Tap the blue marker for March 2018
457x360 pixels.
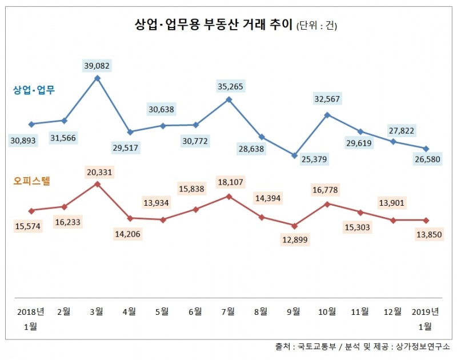click(x=97, y=78)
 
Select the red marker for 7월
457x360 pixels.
click(x=229, y=196)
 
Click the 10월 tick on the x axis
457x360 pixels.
click(x=327, y=311)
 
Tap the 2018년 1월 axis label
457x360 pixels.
click(x=31, y=318)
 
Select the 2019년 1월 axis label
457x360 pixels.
click(x=425, y=318)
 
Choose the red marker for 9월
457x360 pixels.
click(x=294, y=226)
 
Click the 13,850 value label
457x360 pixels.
click(x=426, y=234)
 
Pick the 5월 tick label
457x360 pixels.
click(x=162, y=311)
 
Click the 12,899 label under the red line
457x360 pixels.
click(x=294, y=240)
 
